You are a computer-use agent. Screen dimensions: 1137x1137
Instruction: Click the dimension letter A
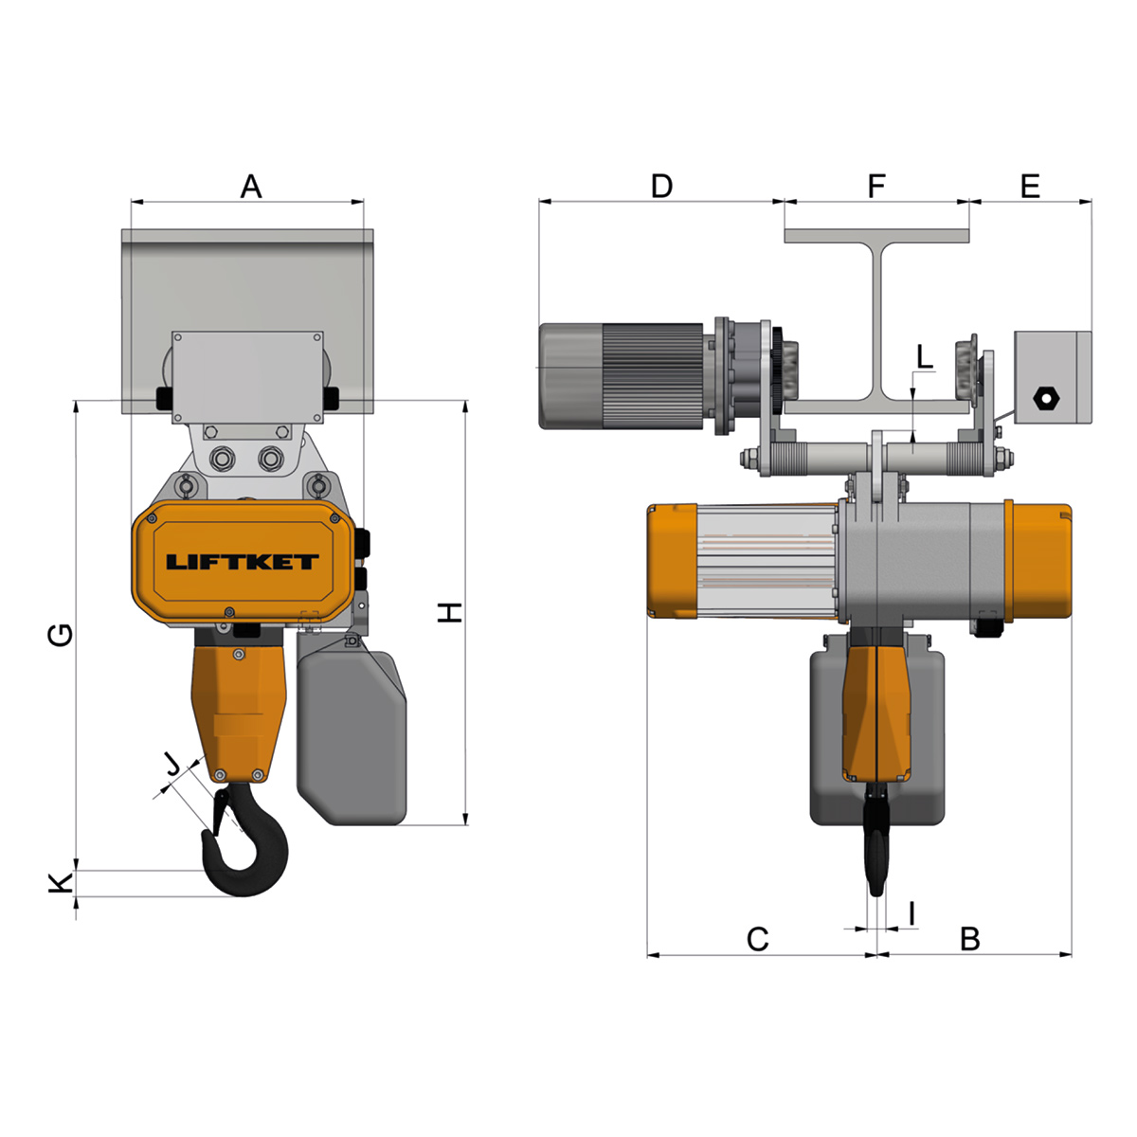point(251,187)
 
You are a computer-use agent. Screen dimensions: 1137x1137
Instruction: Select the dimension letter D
point(661,186)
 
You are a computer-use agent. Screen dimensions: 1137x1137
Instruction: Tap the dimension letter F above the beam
point(876,186)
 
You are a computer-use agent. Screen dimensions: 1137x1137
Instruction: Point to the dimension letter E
point(1030,186)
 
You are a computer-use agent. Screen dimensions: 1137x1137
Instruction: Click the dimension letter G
point(61,635)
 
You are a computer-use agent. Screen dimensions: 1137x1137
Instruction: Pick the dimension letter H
point(450,612)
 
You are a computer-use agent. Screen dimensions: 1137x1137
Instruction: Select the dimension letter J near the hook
point(171,766)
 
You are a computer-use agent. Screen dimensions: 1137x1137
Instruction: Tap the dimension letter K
point(61,883)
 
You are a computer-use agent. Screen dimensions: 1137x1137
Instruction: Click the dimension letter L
point(925,357)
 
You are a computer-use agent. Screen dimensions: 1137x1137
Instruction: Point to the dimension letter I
point(912,914)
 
